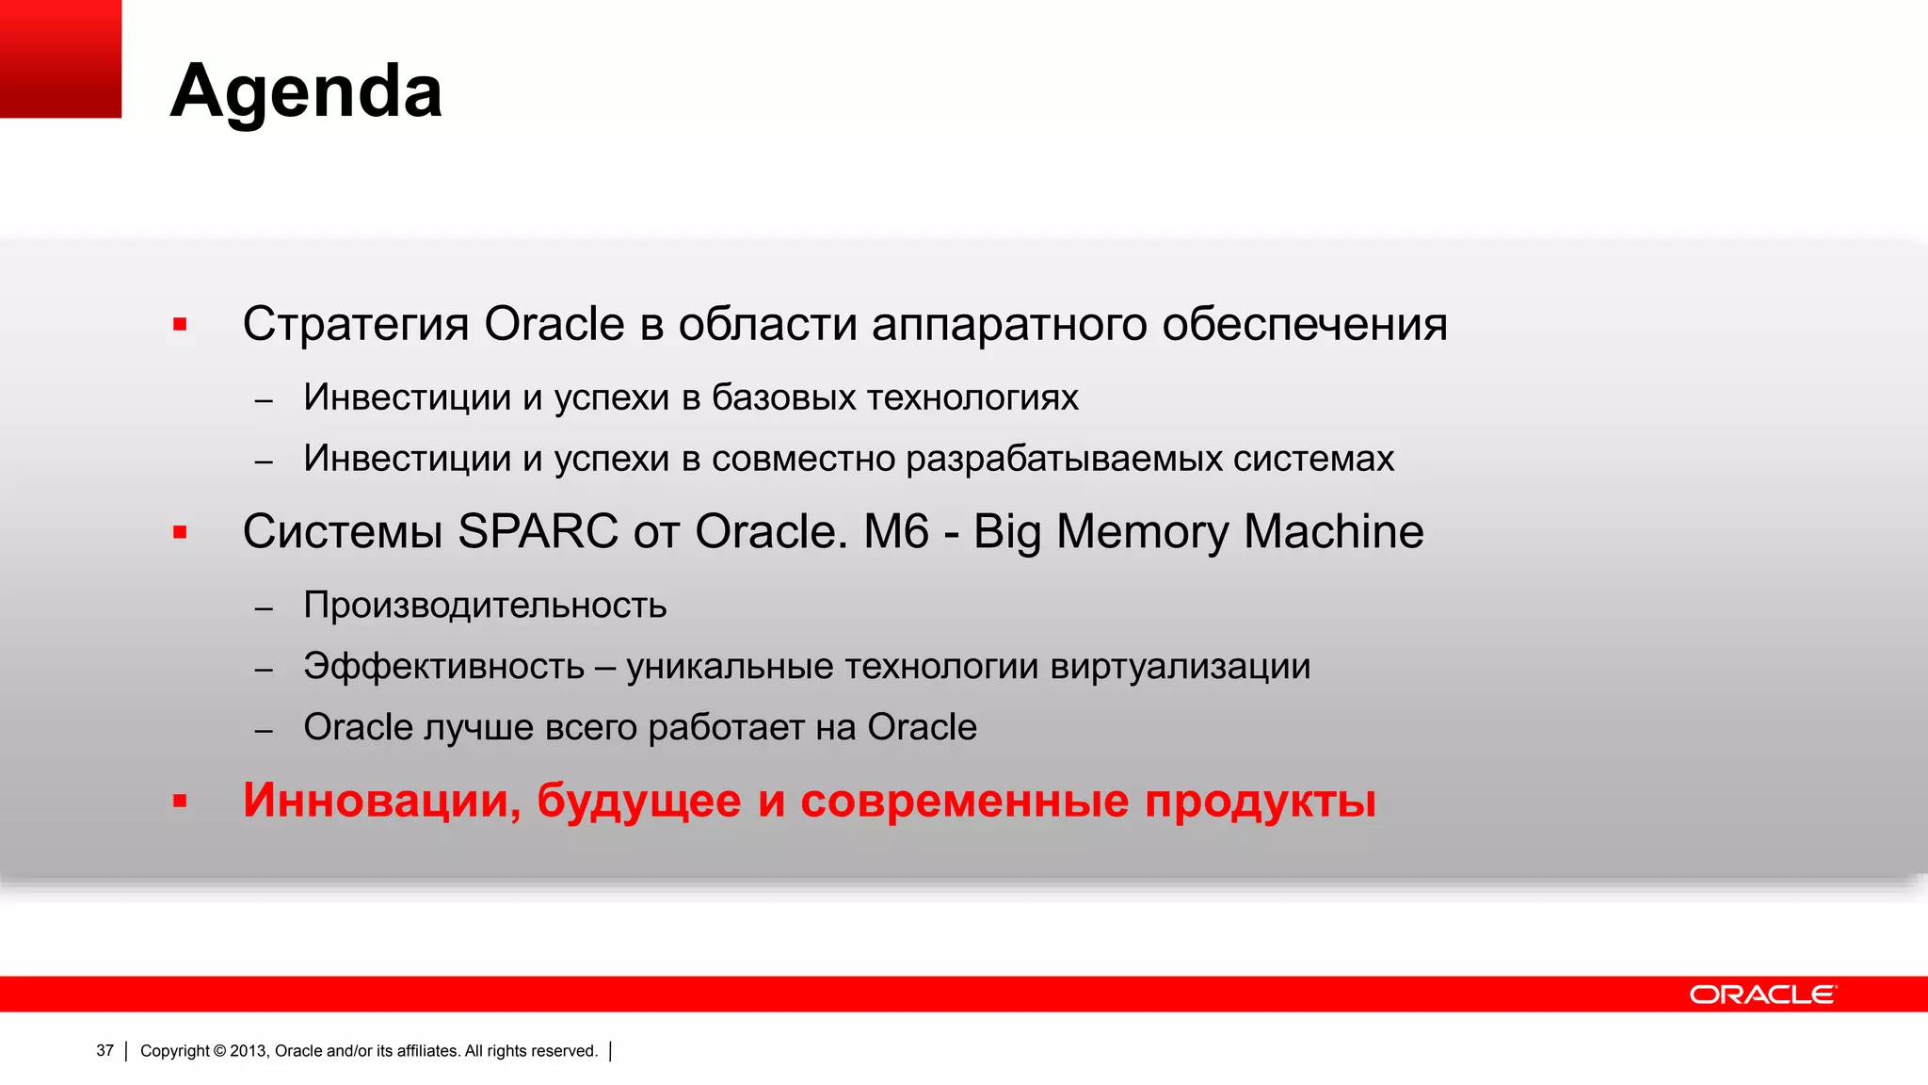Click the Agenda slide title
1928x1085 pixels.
(x=306, y=91)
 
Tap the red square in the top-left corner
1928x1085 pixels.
(x=60, y=58)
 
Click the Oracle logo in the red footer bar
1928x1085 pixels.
(x=1762, y=995)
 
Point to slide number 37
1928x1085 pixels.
(x=104, y=1050)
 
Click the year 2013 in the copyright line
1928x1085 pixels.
(x=249, y=1051)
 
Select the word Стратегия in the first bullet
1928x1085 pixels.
(x=355, y=325)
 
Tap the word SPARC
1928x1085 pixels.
(x=537, y=531)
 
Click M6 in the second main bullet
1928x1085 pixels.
(x=895, y=531)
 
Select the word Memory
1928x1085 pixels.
(x=1142, y=533)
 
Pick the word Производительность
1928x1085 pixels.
(x=485, y=606)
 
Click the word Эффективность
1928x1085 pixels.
(x=443, y=667)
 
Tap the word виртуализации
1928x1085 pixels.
(x=1180, y=667)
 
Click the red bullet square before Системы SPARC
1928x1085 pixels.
(x=180, y=533)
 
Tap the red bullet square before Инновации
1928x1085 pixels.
(x=180, y=802)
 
